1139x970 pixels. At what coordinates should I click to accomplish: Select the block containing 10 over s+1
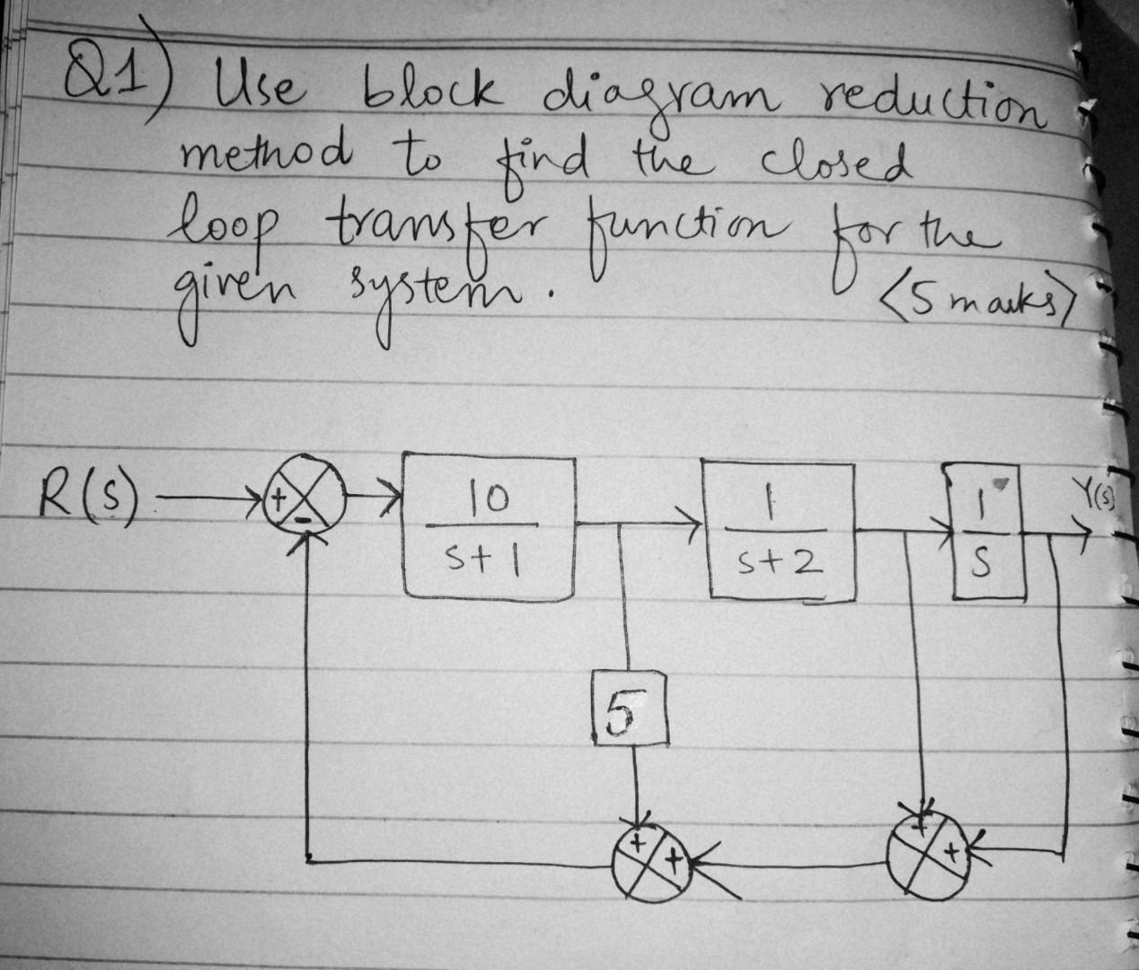489,530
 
